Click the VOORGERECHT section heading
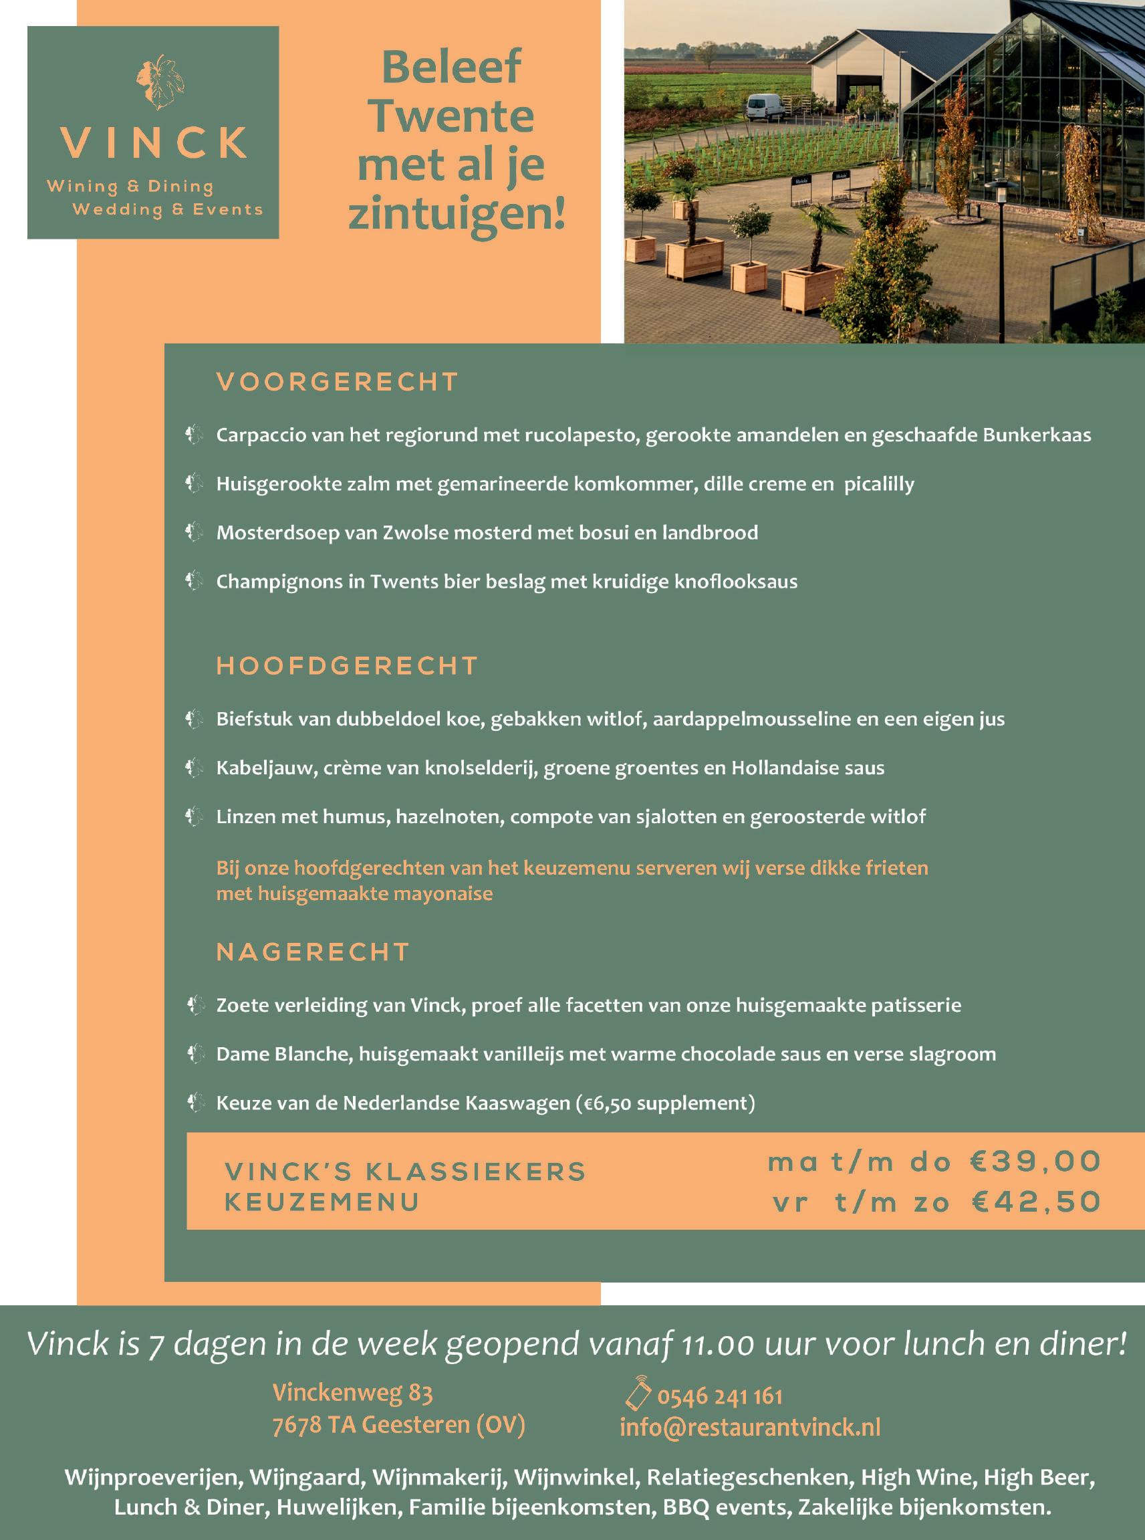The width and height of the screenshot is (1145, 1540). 337,382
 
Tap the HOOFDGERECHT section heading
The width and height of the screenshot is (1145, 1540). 346,666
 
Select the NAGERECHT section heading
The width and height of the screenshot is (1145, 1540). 313,952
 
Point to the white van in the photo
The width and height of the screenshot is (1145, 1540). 765,106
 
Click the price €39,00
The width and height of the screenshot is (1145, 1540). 1035,1162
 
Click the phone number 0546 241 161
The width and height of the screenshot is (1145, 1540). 719,1396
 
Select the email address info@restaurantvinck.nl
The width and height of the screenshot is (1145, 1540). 750,1427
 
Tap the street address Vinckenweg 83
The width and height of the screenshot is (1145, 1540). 352,1392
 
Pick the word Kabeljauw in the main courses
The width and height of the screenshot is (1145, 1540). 264,768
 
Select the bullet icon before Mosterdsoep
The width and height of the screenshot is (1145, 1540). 194,532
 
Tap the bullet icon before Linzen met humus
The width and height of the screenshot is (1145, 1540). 194,816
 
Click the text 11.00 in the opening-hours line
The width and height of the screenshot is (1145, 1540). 717,1345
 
